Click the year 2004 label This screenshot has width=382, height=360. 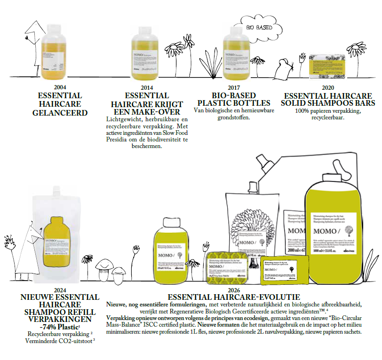(60, 87)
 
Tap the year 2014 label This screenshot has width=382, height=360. (147, 87)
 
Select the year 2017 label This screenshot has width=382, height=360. (234, 87)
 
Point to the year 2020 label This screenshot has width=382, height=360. (328, 87)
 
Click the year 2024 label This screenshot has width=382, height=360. (60, 290)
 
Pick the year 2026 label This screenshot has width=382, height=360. (234, 290)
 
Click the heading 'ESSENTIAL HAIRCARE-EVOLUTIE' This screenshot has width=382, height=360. (234, 297)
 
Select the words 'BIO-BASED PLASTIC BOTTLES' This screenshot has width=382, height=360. (234, 99)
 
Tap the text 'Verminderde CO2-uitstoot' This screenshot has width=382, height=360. (60, 340)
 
